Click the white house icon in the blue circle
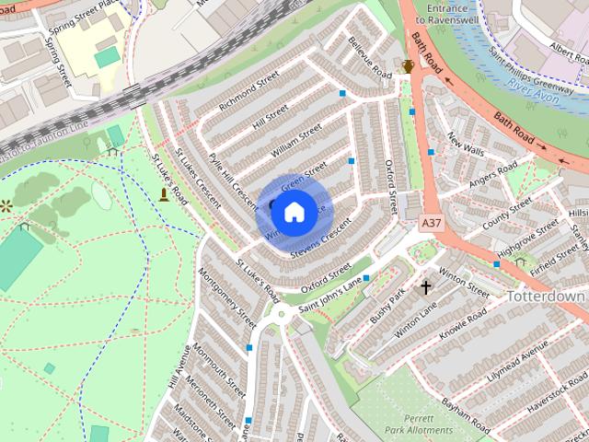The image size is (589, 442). tap(293, 213)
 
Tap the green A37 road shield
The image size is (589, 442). tap(431, 223)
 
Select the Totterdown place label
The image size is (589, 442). tap(546, 297)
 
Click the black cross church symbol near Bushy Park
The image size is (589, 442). tap(426, 287)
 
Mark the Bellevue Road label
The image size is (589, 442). tap(370, 57)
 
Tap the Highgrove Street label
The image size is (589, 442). tap(527, 238)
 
